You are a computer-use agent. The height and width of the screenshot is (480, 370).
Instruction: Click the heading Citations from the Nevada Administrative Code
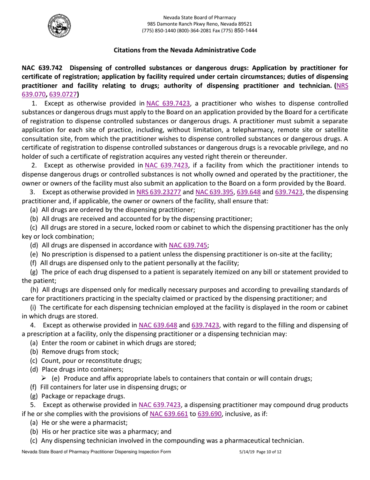pos(185,50)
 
